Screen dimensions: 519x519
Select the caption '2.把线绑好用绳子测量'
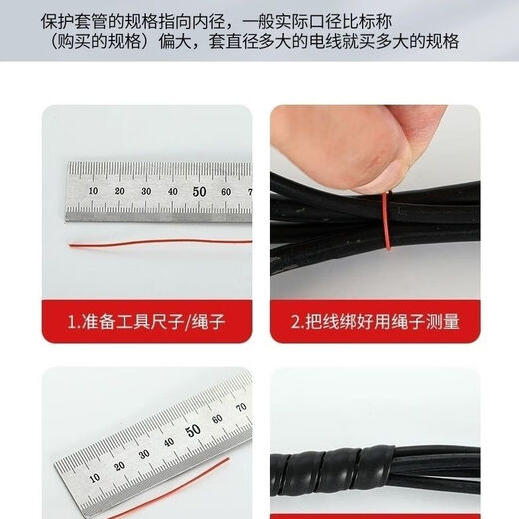pos(374,322)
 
